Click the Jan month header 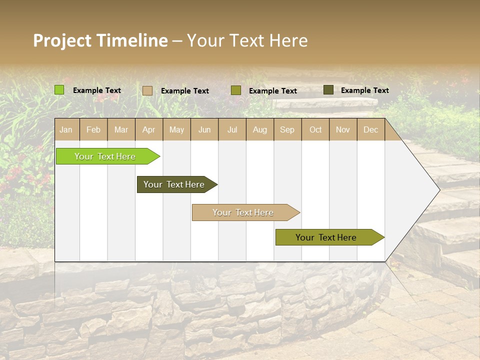(x=66, y=129)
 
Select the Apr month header (x=149, y=129)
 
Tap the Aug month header (x=259, y=129)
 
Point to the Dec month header (x=370, y=129)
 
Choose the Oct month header (x=315, y=129)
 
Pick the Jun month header (x=204, y=129)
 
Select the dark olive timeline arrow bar (x=175, y=184)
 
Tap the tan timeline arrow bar (x=244, y=212)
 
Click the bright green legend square (x=59, y=90)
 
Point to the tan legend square (x=147, y=90)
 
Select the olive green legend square (x=236, y=90)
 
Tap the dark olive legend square (x=328, y=90)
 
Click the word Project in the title (x=62, y=40)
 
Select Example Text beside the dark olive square (x=364, y=90)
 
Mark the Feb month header (x=93, y=129)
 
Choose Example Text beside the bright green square (x=97, y=90)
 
